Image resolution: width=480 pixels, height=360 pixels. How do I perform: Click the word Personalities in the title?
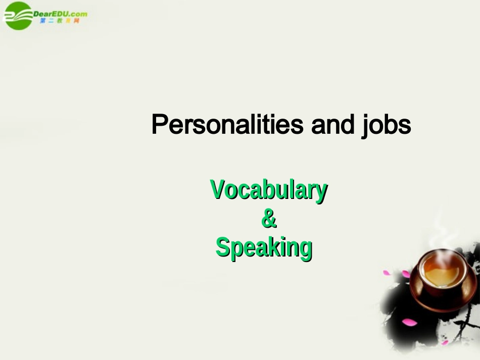(227, 125)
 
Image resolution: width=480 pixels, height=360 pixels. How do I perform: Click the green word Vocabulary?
(269, 190)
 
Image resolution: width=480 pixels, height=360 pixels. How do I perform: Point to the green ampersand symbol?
(269, 219)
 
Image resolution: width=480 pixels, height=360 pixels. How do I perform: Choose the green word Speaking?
(264, 248)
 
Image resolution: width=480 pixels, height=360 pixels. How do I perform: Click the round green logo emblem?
(18, 16)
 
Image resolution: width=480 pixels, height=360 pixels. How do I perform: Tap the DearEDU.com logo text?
(60, 14)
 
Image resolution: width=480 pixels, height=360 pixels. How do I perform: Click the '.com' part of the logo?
(78, 14)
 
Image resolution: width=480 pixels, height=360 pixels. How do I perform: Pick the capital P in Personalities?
(159, 124)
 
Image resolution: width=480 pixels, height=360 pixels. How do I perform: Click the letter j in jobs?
(366, 126)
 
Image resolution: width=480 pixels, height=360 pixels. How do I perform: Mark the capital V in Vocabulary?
(216, 189)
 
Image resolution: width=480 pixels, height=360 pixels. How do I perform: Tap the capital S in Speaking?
(222, 247)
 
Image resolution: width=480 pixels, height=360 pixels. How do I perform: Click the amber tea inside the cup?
(441, 273)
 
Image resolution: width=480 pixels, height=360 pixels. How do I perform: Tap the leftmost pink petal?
(386, 273)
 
